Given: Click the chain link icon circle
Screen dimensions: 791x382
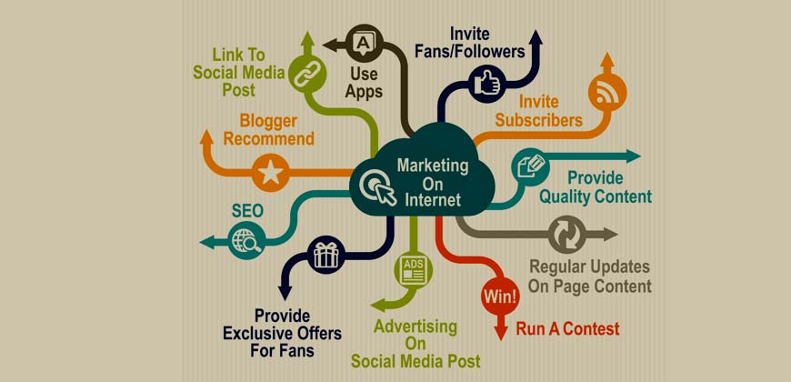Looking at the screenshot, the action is tap(306, 75).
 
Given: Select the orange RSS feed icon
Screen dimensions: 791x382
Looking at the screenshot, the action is tap(607, 94).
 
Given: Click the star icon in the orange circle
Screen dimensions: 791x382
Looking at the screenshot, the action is tap(270, 173).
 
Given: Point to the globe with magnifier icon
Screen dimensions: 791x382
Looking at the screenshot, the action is tap(246, 241).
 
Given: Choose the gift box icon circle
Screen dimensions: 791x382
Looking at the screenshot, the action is tap(326, 255).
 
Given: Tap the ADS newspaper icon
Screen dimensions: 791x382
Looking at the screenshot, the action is tap(414, 269).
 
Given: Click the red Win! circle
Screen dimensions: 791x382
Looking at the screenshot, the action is tap(500, 296).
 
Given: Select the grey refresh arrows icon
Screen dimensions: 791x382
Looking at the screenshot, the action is tap(567, 234).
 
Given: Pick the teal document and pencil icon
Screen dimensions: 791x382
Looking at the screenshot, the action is tap(530, 167).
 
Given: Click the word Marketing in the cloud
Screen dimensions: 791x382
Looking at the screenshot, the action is tap(433, 166).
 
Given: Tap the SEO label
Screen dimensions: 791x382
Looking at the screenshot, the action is tap(247, 211).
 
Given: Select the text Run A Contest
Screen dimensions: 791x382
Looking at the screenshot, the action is tap(567, 329).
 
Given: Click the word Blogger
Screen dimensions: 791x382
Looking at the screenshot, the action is tap(268, 121).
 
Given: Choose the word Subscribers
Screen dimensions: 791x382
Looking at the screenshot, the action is tap(538, 120).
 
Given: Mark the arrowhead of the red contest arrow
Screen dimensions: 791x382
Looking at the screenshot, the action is tap(500, 332).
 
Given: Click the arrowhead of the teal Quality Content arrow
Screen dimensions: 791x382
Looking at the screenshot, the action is tap(633, 156).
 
